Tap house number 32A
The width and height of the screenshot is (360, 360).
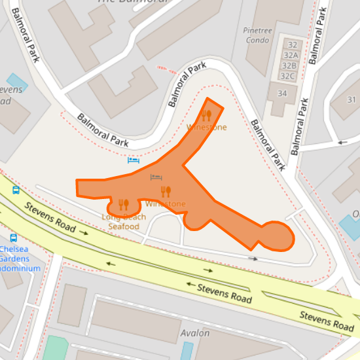[x=289, y=55]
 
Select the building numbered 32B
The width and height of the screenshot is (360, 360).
[x=289, y=65]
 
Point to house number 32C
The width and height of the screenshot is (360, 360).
[x=288, y=76]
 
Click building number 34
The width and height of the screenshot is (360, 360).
[x=282, y=94]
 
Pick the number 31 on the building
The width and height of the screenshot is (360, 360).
[x=351, y=99]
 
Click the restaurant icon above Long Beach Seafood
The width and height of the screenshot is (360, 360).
[x=124, y=205]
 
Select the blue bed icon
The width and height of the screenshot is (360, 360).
[x=133, y=160]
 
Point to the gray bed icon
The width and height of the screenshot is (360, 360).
[x=156, y=177]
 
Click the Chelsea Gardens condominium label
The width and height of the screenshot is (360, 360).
[x=20, y=259]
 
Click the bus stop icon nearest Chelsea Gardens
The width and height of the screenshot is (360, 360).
[x=13, y=238]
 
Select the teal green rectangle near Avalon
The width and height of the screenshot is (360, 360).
[x=56, y=348]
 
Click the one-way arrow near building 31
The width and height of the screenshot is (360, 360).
[x=342, y=141]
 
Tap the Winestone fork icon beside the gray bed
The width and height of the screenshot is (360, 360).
[x=166, y=191]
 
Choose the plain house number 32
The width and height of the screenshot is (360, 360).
[x=293, y=45]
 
